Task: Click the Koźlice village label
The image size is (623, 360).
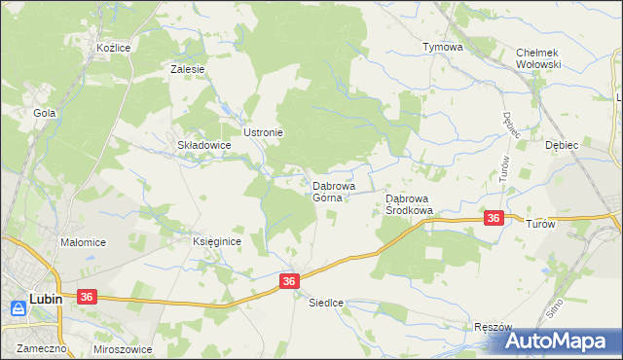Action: point(113,47)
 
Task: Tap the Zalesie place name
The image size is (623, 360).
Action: point(187,69)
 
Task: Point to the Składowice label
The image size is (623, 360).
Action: point(202,145)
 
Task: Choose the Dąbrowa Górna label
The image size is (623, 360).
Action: point(333,191)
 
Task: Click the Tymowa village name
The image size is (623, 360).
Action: point(442,47)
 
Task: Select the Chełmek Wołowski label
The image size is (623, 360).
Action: point(539,58)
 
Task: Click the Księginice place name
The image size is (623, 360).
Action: point(215,241)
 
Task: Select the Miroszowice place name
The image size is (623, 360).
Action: point(124,347)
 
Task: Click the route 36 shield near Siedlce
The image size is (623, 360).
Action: point(289,281)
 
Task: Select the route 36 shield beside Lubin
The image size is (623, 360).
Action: point(88,297)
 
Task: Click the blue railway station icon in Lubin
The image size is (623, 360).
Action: point(18,307)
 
